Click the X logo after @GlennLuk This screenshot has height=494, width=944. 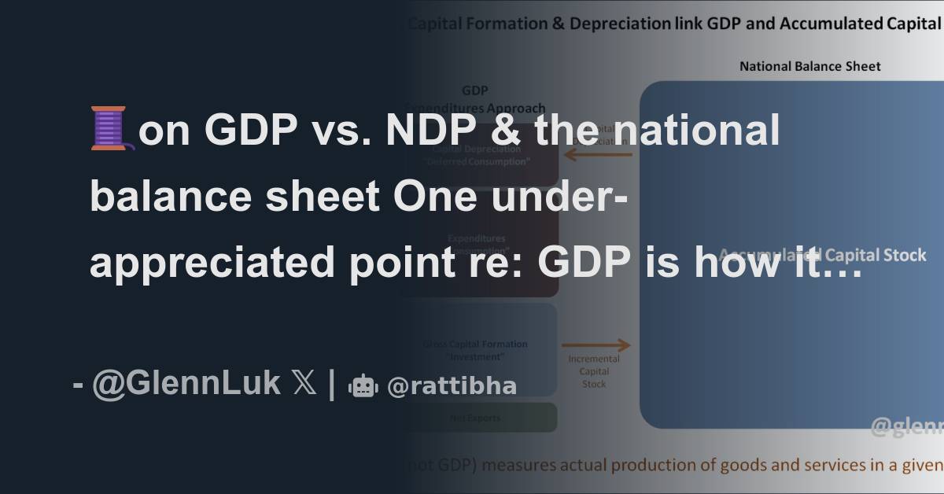pyautogui.click(x=304, y=384)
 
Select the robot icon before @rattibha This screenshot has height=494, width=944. pyautogui.click(x=363, y=385)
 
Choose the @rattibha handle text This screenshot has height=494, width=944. pyautogui.click(x=452, y=385)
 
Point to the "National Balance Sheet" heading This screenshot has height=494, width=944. pyautogui.click(x=809, y=67)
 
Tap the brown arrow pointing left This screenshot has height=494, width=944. pyautogui.click(x=598, y=155)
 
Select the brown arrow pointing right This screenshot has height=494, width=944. pyautogui.click(x=596, y=345)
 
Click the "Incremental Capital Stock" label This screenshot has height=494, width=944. pyautogui.click(x=594, y=371)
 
